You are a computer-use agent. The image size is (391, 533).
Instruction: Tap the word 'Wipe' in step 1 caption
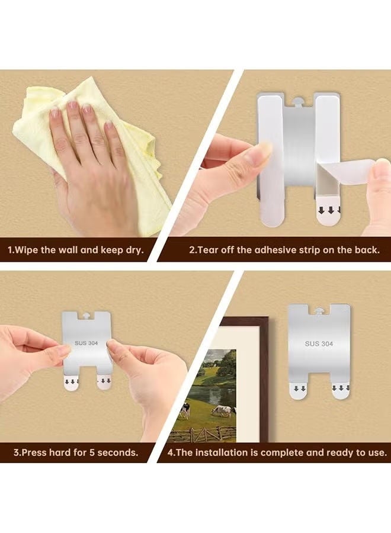[27, 250]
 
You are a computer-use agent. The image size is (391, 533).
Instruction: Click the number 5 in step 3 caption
[91, 452]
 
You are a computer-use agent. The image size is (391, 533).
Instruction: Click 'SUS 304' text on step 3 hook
[86, 343]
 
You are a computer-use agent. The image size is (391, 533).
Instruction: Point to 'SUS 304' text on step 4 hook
[319, 343]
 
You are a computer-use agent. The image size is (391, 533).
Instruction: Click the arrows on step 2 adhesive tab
[329, 211]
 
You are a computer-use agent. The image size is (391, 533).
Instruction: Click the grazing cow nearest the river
[223, 412]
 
